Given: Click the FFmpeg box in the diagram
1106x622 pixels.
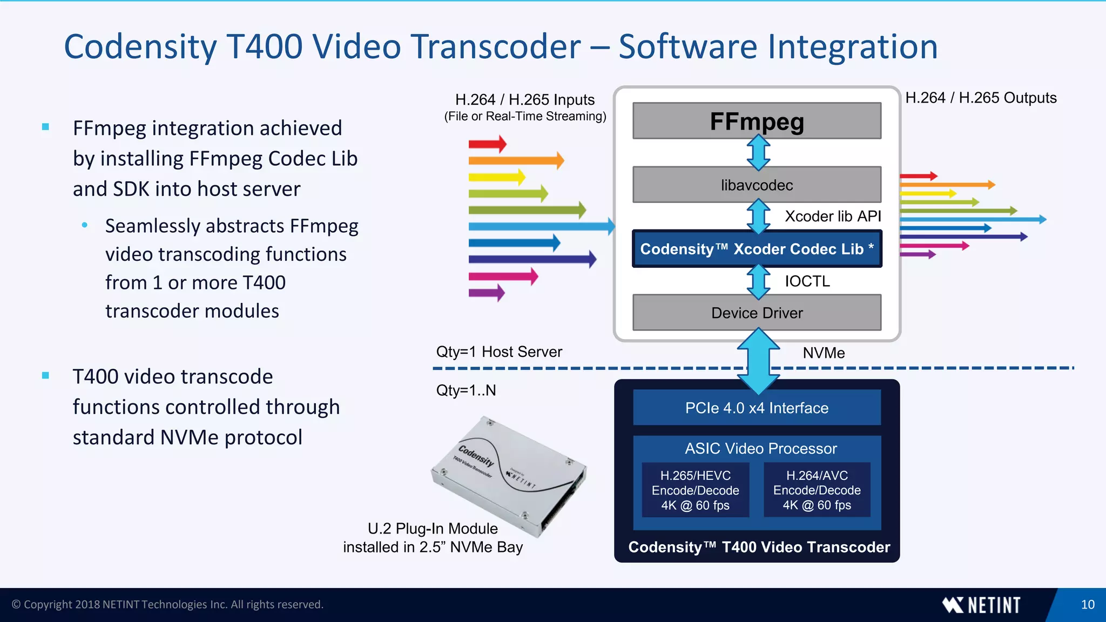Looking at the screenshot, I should (x=757, y=121).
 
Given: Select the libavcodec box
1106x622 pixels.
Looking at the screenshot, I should (x=757, y=185).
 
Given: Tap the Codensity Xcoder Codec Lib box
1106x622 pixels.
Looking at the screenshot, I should (x=757, y=249).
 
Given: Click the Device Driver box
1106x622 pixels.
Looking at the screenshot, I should (x=757, y=313).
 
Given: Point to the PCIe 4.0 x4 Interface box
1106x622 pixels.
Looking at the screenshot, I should (x=757, y=408).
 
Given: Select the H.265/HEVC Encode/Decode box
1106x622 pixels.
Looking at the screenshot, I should (x=695, y=490).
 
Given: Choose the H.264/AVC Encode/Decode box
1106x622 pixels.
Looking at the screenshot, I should (x=817, y=490).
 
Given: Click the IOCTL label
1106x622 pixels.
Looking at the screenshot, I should (x=807, y=281).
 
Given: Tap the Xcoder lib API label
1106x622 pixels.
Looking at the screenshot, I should (x=832, y=217).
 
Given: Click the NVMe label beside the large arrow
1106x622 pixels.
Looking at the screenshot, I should (x=823, y=353).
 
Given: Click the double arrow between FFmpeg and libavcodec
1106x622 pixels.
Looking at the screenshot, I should (x=758, y=153).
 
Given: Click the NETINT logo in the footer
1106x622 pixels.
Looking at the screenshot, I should (x=981, y=605).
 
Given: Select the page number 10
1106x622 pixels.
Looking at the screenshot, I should (x=1088, y=605).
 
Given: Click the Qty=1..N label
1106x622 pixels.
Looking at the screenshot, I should (x=466, y=390).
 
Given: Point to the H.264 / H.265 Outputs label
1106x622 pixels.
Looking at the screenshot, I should (x=980, y=98).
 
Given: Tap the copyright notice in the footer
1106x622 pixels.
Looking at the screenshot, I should (x=167, y=605).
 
